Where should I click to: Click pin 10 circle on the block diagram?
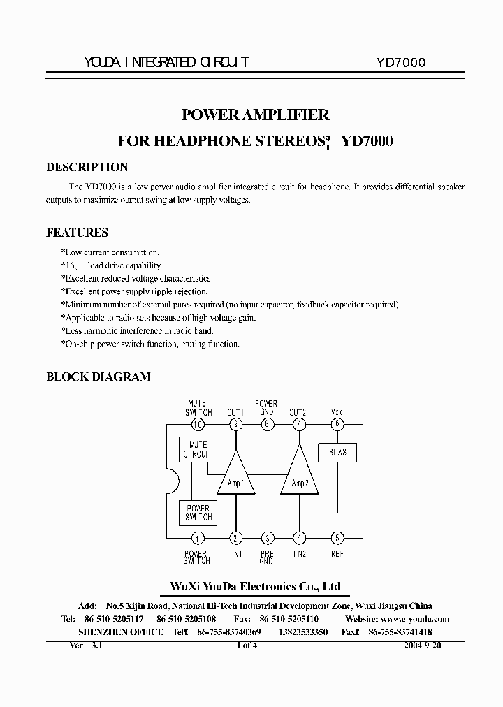click(198, 424)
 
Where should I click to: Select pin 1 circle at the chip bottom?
click(198, 538)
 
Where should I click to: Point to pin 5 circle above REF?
click(337, 538)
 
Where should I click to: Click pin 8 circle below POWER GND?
click(267, 424)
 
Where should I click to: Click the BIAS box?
click(337, 452)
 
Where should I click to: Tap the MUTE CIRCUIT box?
click(198, 449)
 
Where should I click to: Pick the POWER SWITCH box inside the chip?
click(198, 513)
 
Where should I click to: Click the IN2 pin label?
click(300, 554)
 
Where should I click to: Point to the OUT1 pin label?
click(235, 412)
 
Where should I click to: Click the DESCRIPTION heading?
click(87, 168)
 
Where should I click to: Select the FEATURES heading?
click(77, 233)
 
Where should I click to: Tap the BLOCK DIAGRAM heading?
click(99, 377)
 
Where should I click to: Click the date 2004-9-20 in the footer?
click(422, 646)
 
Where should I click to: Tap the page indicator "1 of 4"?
click(247, 646)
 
